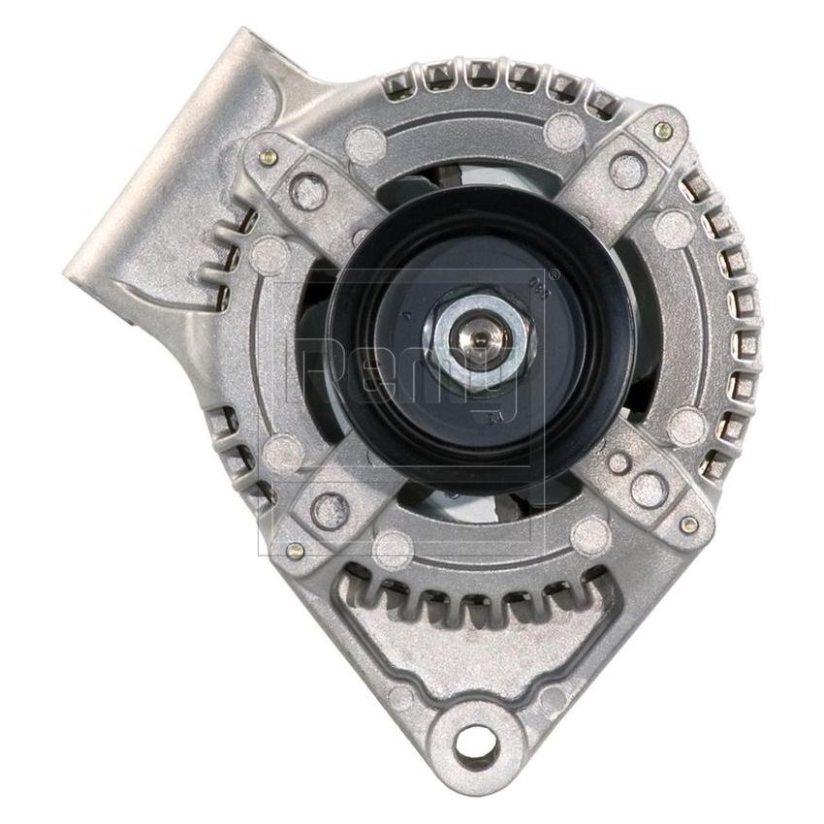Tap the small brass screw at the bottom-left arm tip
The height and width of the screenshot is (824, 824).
297,551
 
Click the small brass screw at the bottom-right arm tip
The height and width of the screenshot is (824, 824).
687,524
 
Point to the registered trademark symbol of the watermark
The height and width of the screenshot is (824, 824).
554,273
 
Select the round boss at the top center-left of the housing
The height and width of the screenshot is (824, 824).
366,137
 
